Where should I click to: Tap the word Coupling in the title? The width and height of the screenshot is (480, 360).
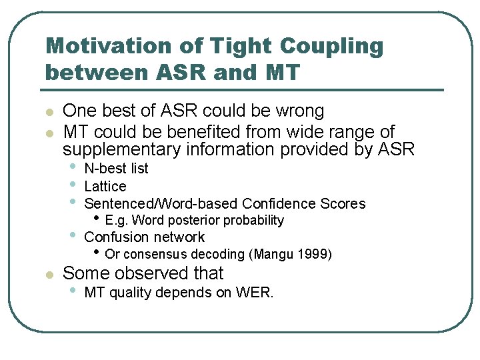point(331,46)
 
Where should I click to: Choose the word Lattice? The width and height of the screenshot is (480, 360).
point(105,186)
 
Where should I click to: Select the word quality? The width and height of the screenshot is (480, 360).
point(129,292)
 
